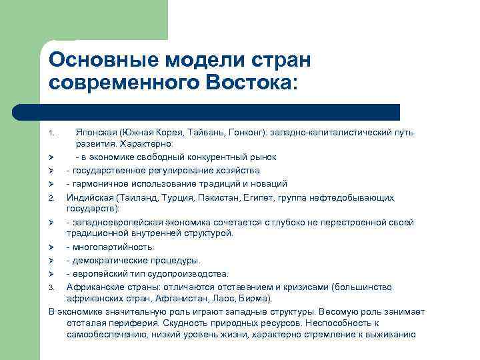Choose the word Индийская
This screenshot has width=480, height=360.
(90, 197)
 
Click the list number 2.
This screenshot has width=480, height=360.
(51, 198)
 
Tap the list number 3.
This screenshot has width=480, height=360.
(51, 287)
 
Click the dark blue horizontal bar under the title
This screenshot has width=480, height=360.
(206, 112)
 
